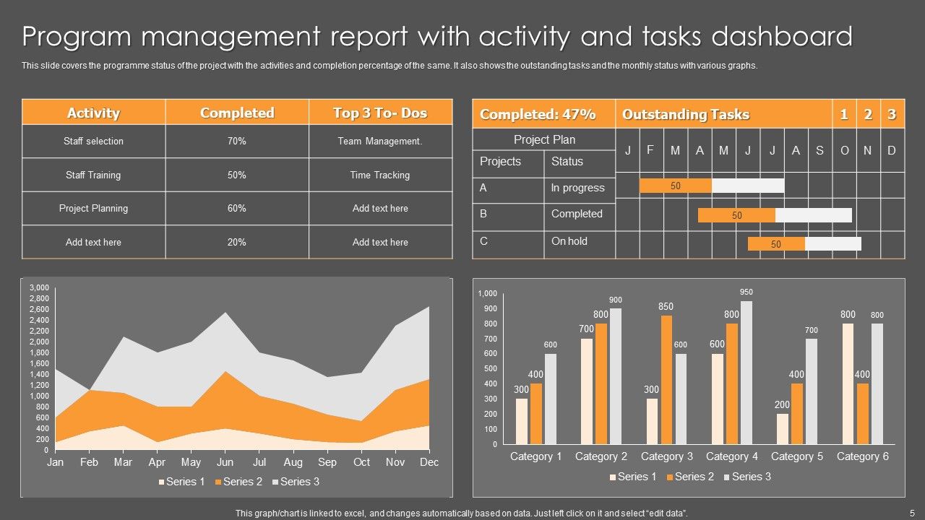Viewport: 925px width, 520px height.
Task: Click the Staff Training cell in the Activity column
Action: tap(93, 175)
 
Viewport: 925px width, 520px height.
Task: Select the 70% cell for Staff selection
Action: tap(236, 142)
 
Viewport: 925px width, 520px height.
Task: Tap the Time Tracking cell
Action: tap(380, 175)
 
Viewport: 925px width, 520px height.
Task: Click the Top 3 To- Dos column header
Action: tap(380, 113)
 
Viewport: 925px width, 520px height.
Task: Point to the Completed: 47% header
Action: tap(538, 114)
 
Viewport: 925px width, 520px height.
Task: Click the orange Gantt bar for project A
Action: tap(676, 186)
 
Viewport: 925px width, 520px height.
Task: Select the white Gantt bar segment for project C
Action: tap(833, 244)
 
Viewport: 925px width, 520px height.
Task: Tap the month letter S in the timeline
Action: tap(819, 150)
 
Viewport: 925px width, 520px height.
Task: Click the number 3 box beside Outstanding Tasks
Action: tap(892, 114)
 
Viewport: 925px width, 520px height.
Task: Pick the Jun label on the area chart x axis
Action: tap(225, 462)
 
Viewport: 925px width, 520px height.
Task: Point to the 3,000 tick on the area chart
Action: tap(39, 287)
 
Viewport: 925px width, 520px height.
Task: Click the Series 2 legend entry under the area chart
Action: tap(237, 482)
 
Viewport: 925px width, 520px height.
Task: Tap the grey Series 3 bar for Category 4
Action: tap(747, 373)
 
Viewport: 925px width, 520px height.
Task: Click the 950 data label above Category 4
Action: tap(747, 292)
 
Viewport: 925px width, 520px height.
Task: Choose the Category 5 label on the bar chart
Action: tap(797, 456)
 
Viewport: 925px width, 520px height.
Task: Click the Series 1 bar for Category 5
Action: tap(783, 429)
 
